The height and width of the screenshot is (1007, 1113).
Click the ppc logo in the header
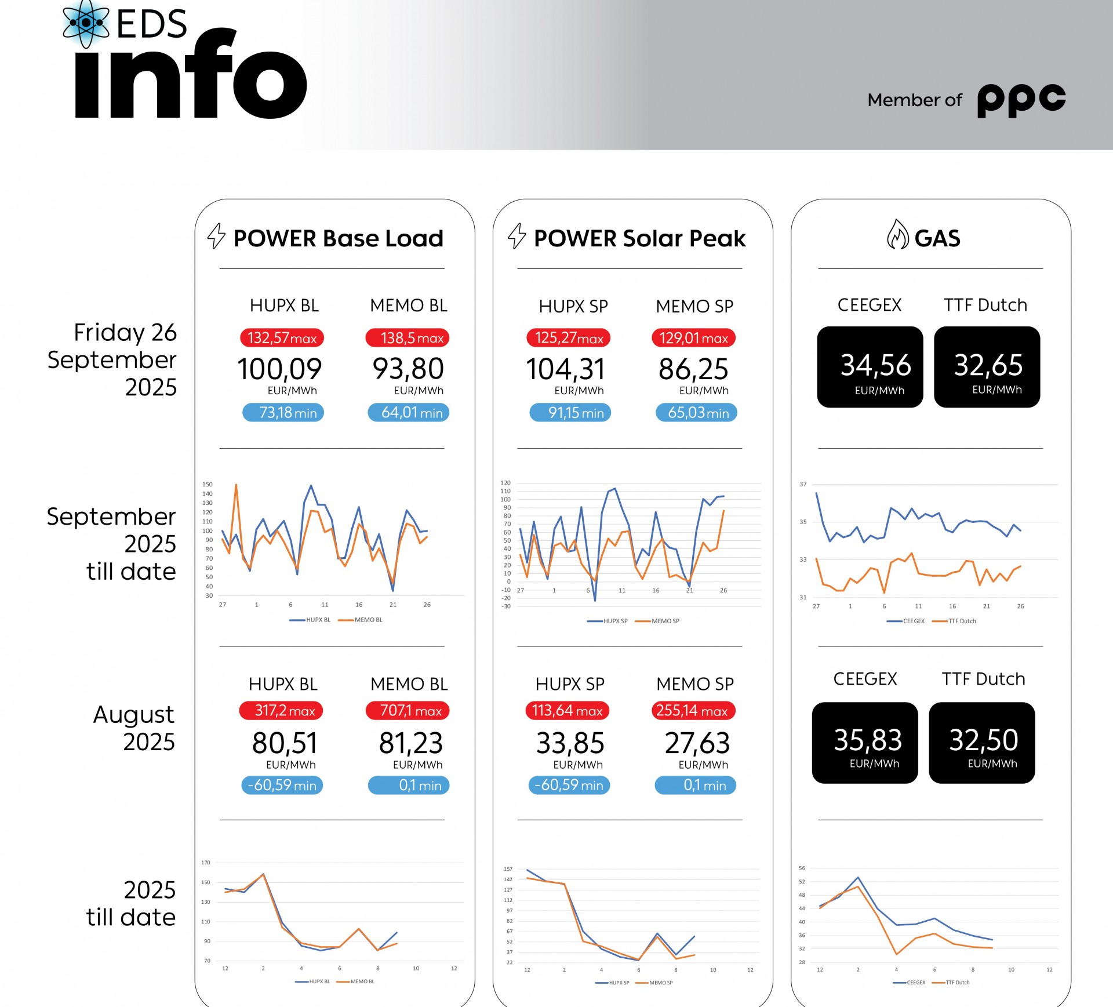pyautogui.click(x=1021, y=100)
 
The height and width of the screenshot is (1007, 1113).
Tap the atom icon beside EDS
pyautogui.click(x=86, y=23)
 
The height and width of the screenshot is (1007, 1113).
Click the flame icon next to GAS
pyautogui.click(x=897, y=235)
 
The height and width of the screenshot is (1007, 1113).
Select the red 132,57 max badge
pyautogui.click(x=282, y=338)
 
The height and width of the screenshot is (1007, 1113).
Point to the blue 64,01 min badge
pyautogui.click(x=409, y=413)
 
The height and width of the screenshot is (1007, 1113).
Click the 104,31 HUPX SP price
pyautogui.click(x=565, y=369)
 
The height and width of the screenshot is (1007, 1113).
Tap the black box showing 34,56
pyautogui.click(x=870, y=367)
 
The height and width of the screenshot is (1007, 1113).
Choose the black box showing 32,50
pyautogui.click(x=982, y=743)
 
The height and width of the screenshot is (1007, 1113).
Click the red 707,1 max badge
pyautogui.click(x=408, y=711)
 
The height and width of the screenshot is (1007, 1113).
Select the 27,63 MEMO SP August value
pyautogui.click(x=697, y=743)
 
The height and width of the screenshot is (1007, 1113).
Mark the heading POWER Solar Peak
pyautogui.click(x=639, y=238)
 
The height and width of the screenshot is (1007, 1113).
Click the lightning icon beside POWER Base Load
pyautogui.click(x=216, y=236)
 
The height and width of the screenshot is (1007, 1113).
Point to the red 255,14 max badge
pyautogui.click(x=693, y=711)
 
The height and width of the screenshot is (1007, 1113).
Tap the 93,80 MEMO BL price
pyautogui.click(x=408, y=369)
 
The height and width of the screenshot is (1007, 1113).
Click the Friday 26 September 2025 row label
pyautogui.click(x=113, y=359)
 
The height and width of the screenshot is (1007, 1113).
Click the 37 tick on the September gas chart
pyautogui.click(x=803, y=484)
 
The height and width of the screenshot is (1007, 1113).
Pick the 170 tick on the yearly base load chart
pyautogui.click(x=206, y=863)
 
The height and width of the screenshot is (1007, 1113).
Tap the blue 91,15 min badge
pyautogui.click(x=570, y=413)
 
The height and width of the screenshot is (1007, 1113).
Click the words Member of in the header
pyautogui.click(x=915, y=100)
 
